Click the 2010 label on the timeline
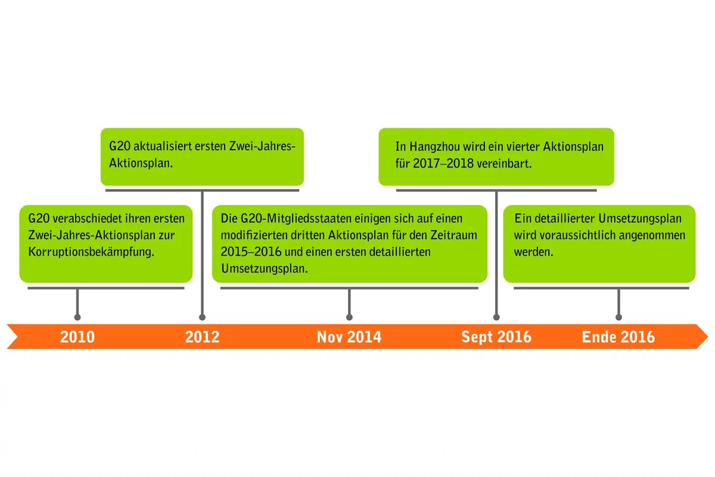[77, 337]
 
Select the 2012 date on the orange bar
[202, 337]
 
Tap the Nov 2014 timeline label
[349, 337]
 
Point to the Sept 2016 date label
[496, 337]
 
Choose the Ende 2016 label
[618, 337]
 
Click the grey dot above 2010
[77, 317]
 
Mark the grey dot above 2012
[202, 317]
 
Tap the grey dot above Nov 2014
[349, 317]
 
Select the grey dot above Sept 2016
[496, 317]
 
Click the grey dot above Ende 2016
[618, 317]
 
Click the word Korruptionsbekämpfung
[91, 252]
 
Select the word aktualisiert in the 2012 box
[162, 146]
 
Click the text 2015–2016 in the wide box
[251, 252]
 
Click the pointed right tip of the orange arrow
[708, 336]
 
